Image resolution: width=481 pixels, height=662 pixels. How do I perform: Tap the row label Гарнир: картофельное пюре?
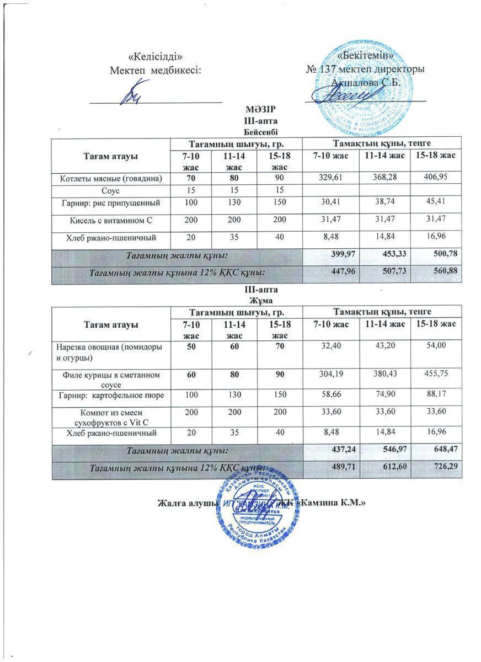[x=111, y=396]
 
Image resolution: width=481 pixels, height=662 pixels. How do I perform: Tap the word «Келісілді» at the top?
[x=155, y=57]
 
